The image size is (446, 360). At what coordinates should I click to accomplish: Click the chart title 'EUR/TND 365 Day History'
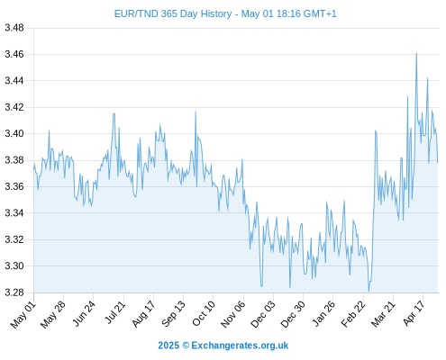coord(173,13)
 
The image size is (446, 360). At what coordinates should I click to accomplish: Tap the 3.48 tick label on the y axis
coord(14,28)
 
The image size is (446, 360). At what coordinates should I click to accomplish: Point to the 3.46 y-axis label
coord(14,54)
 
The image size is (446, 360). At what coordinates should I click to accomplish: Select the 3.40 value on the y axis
coord(14,133)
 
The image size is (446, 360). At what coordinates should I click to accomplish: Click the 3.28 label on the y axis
coord(14,292)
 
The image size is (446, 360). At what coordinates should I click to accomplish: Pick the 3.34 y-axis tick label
coord(14,213)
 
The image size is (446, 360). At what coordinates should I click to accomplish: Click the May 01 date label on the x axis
coord(23,314)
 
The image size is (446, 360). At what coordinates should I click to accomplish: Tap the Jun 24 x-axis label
coord(84,313)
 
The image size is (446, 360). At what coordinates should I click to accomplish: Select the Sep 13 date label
coord(173,314)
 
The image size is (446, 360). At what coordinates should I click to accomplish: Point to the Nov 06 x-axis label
coord(233,314)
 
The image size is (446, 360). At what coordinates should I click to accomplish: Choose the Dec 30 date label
coord(293,314)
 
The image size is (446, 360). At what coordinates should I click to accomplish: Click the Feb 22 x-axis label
coord(353,314)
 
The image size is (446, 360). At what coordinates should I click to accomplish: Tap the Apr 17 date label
coord(414,313)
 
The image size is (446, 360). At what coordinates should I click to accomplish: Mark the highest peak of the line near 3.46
coord(416,53)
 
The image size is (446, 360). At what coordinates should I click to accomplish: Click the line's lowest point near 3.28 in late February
coord(369,291)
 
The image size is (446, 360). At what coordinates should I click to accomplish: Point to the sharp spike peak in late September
coord(196,112)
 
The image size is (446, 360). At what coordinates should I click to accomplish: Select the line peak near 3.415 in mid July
coord(114,113)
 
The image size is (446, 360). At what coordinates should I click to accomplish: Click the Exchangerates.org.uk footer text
coord(240,346)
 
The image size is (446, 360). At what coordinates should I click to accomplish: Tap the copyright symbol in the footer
coord(186,346)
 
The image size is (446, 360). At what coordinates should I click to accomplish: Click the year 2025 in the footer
coord(168,346)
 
